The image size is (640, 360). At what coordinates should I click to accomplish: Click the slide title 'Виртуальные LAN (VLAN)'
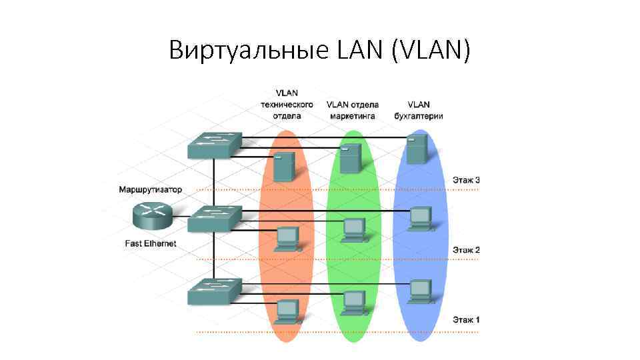click(319, 50)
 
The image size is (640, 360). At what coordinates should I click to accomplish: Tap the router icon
click(151, 214)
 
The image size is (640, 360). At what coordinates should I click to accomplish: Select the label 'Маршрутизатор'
click(150, 190)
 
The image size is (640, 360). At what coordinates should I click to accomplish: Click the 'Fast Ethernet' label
click(151, 243)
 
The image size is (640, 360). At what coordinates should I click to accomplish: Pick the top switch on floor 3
click(213, 145)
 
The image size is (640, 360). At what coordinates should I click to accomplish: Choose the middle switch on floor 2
click(213, 219)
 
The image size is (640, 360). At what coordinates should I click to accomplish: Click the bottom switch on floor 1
click(213, 291)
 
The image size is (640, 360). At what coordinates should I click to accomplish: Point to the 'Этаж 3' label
click(466, 179)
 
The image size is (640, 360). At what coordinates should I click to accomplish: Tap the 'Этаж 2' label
click(466, 250)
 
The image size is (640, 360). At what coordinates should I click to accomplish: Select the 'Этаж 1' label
click(466, 320)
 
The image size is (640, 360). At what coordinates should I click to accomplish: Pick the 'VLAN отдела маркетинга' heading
click(352, 110)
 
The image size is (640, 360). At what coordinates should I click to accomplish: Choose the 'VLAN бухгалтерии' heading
click(419, 110)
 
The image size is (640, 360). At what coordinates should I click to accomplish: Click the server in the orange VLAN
click(284, 167)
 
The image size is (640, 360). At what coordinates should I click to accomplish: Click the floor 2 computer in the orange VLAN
click(287, 238)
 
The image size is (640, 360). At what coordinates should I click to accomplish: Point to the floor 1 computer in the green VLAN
click(353, 302)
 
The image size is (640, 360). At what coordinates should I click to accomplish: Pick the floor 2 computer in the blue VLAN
click(419, 219)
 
